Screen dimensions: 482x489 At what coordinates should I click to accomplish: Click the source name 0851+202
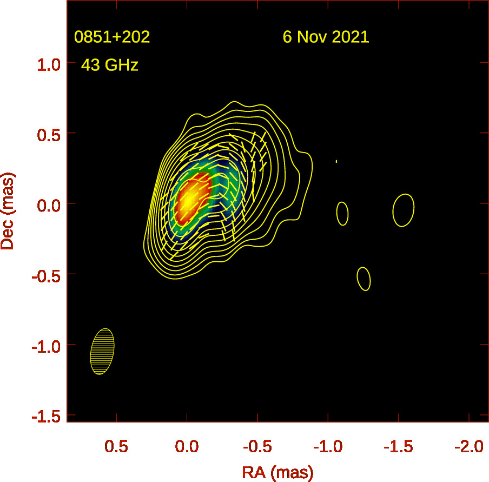112,37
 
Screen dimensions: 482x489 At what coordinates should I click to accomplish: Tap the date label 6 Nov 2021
326,37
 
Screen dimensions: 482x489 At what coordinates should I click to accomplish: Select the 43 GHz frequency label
110,65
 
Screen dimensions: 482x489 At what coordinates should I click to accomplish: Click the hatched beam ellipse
102,352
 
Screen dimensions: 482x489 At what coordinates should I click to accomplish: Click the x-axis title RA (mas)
277,472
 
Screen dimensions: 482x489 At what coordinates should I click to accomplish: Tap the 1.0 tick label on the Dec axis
49,63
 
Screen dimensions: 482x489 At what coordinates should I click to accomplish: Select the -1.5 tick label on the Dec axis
46,416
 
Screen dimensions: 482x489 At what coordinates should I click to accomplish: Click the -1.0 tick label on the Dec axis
46,346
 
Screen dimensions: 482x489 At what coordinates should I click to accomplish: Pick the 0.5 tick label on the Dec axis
49,134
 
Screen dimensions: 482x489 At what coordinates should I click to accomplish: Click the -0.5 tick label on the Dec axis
46,275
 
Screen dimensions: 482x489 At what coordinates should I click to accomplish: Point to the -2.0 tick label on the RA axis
468,447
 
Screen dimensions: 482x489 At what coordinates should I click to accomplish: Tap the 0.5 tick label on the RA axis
116,447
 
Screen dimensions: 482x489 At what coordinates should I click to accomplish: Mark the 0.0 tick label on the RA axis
187,447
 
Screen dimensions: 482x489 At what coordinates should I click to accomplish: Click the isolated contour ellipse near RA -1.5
404,210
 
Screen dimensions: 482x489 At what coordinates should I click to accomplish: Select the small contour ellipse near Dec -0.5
364,279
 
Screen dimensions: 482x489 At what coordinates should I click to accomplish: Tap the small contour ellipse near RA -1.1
342,213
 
